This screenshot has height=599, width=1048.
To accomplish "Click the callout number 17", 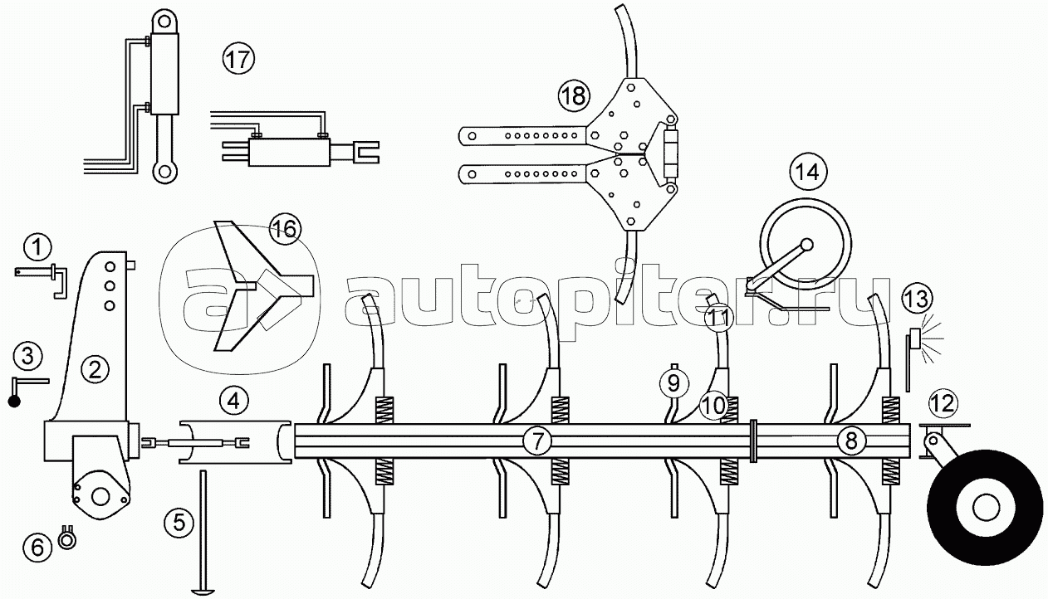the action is click(238, 59).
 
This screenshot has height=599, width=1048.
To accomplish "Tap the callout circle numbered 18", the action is click(574, 96).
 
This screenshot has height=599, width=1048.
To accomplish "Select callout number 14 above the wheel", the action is click(808, 173).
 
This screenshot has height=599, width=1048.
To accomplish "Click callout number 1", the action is click(38, 246).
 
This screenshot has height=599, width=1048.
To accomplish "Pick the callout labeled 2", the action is click(95, 369).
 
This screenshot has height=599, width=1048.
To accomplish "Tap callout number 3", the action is click(28, 356).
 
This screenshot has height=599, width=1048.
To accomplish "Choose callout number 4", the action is click(234, 401).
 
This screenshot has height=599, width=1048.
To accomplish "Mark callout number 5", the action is click(179, 522).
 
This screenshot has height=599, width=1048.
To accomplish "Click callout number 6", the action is click(37, 547).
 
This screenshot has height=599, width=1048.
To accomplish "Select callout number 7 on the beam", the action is click(537, 441).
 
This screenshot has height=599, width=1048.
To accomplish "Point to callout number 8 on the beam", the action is click(851, 441).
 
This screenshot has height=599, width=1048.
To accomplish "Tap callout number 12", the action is click(943, 402).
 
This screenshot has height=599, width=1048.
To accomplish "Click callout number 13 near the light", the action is click(918, 298).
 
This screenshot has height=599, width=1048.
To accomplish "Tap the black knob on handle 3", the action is click(14, 401).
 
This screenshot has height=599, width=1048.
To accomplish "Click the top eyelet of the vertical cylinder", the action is click(164, 22).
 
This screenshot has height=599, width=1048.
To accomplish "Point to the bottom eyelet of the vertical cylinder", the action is click(164, 172).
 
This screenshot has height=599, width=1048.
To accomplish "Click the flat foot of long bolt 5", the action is click(203, 591).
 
